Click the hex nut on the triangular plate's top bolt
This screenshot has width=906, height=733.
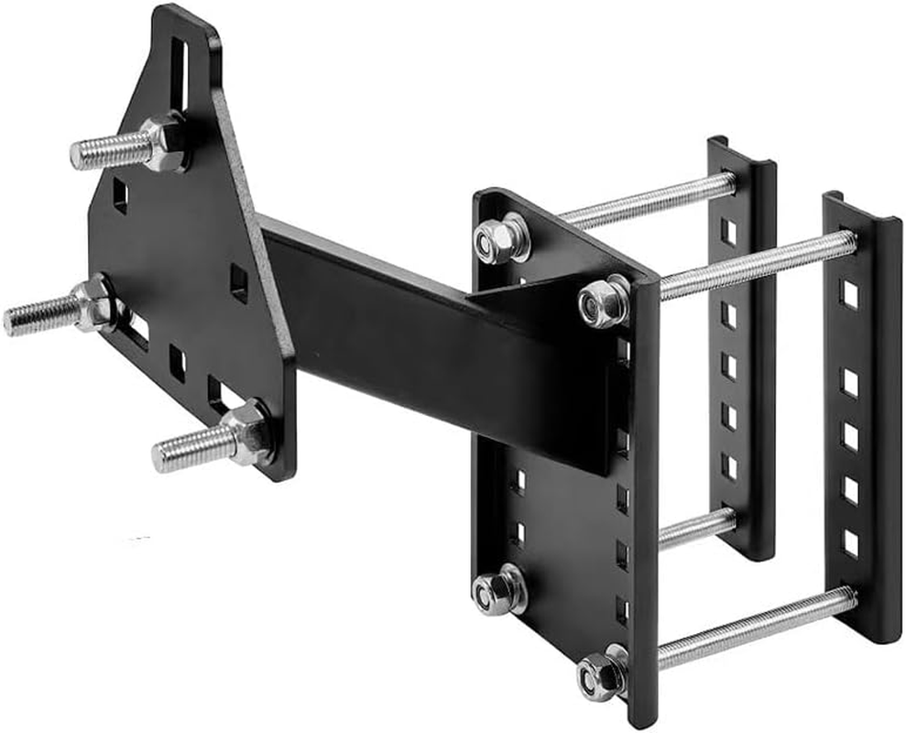(166, 141)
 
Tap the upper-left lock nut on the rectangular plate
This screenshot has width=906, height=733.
(499, 240)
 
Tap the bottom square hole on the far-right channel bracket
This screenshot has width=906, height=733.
(850, 542)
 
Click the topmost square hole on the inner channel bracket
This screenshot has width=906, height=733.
(728, 232)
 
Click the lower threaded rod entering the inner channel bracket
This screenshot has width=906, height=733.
(696, 529)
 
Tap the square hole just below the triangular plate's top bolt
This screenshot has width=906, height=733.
(120, 195)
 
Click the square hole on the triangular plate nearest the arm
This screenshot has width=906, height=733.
(238, 283)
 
